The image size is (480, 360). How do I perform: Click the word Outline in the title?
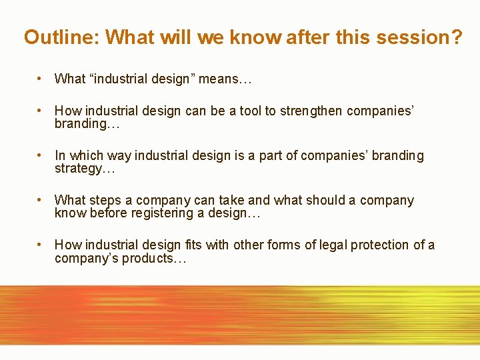tap(61, 37)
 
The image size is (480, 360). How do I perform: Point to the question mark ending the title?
tap(455, 37)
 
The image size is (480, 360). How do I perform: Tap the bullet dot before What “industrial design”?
tap(41, 79)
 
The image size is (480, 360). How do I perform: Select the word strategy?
tap(82, 169)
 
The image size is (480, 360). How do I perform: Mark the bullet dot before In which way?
tap(41, 155)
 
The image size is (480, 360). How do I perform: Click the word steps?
tap(105, 201)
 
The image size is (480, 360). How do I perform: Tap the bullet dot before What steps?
tap(41, 200)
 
